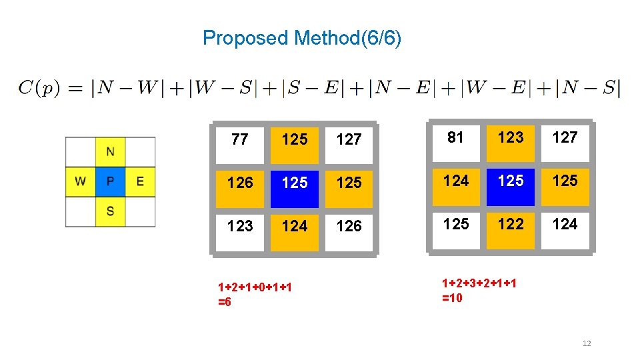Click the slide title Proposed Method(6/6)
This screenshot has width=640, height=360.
(301, 38)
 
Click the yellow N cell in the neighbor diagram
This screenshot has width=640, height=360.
(110, 151)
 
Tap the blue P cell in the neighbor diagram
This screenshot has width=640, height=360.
(110, 181)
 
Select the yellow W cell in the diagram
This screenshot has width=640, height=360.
(80, 181)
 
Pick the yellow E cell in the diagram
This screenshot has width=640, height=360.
(140, 181)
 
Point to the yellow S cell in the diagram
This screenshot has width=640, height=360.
(110, 211)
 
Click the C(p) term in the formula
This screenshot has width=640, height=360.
(41, 87)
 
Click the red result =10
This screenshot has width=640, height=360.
(452, 298)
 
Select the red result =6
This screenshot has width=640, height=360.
(225, 302)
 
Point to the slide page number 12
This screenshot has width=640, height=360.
(587, 343)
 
